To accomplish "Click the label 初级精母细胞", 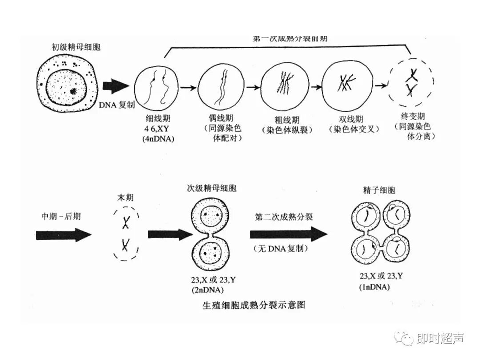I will [x=76, y=47].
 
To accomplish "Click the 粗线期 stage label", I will [x=287, y=120].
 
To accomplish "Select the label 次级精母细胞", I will [x=211, y=188].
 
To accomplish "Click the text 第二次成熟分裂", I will [x=284, y=217].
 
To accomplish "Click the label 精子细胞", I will [x=379, y=191].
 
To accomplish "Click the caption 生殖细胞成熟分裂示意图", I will [x=254, y=305].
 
